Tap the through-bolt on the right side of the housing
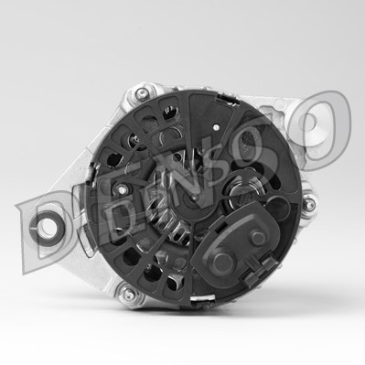click(308, 201)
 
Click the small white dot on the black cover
click(216, 127)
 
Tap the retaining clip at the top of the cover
click(227, 99)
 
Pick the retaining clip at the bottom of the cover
click(202, 299)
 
